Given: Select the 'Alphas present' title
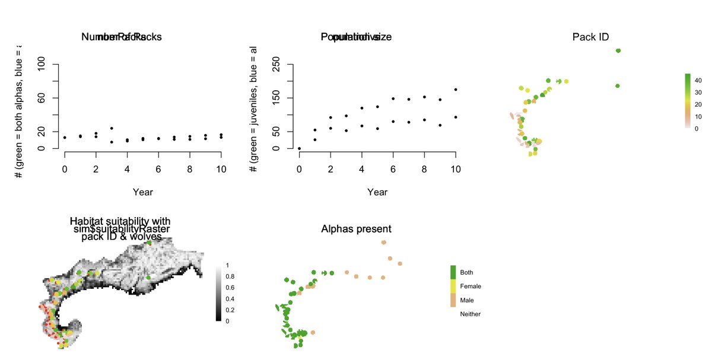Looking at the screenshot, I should click(356, 229).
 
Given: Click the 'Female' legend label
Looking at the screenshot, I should click(471, 286).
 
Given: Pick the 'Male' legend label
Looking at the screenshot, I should click(468, 301).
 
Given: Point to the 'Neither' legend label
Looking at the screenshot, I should click(471, 314).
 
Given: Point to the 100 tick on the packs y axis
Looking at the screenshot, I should click(42, 64).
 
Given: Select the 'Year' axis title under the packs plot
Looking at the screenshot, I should click(142, 192).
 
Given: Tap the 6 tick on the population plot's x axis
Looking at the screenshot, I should click(393, 169).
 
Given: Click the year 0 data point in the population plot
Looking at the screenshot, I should click(300, 148).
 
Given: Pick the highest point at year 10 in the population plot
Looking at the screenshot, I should click(456, 90).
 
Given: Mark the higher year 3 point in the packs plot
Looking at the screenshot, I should click(112, 128).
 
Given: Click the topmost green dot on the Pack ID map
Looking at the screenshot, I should click(618, 51).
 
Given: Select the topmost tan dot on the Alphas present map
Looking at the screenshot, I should click(384, 243).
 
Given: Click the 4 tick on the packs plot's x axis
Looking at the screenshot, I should click(127, 169).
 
